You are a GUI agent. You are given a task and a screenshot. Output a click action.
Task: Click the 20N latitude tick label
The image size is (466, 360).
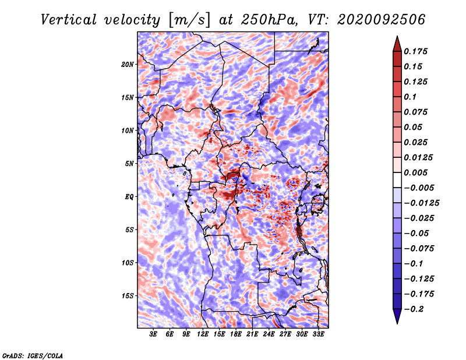click(x=128, y=65)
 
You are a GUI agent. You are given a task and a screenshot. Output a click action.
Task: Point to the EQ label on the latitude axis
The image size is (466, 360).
click(x=129, y=197)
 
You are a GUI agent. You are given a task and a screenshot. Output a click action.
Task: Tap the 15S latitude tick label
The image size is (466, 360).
click(x=128, y=296)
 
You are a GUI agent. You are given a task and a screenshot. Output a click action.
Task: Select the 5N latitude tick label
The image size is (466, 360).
click(x=129, y=164)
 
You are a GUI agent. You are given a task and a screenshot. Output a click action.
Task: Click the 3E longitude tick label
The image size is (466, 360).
click(x=153, y=334)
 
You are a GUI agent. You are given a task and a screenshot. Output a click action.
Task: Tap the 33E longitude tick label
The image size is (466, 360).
click(x=318, y=334)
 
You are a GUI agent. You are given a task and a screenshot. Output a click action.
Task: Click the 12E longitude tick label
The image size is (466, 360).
click(x=203, y=334)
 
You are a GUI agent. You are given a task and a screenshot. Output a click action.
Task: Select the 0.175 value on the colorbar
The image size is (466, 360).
click(x=415, y=51)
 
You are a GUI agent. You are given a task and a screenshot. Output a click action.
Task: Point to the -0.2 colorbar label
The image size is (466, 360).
click(x=414, y=309)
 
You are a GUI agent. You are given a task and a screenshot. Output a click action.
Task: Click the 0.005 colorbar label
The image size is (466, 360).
click(x=415, y=172)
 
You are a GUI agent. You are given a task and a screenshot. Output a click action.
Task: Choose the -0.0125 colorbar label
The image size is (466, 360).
click(x=421, y=203)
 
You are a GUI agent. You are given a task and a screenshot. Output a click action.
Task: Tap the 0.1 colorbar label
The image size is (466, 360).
click(x=410, y=97)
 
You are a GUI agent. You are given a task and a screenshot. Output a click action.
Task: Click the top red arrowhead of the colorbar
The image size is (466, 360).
click(x=397, y=44)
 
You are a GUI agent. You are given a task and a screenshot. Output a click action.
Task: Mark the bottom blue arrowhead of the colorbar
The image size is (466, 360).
click(x=397, y=316)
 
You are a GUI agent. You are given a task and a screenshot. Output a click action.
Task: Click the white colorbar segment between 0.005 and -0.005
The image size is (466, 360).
click(x=397, y=180)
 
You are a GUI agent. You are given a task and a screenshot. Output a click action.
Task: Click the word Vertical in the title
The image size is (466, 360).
click(x=69, y=20)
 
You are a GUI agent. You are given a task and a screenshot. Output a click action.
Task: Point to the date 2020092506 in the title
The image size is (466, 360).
click(x=382, y=20)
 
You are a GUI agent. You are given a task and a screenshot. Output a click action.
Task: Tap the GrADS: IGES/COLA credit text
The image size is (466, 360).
click(x=33, y=356)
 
